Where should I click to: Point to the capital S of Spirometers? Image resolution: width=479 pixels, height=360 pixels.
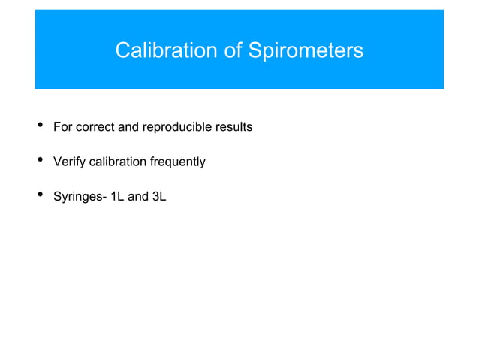point(255,50)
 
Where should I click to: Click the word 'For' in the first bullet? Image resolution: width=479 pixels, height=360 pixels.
point(62,126)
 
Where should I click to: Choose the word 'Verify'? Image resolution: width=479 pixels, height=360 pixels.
point(69,162)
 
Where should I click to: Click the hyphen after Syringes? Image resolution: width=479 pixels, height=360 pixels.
point(104,198)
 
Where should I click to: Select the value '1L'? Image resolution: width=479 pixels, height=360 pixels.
point(116,198)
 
